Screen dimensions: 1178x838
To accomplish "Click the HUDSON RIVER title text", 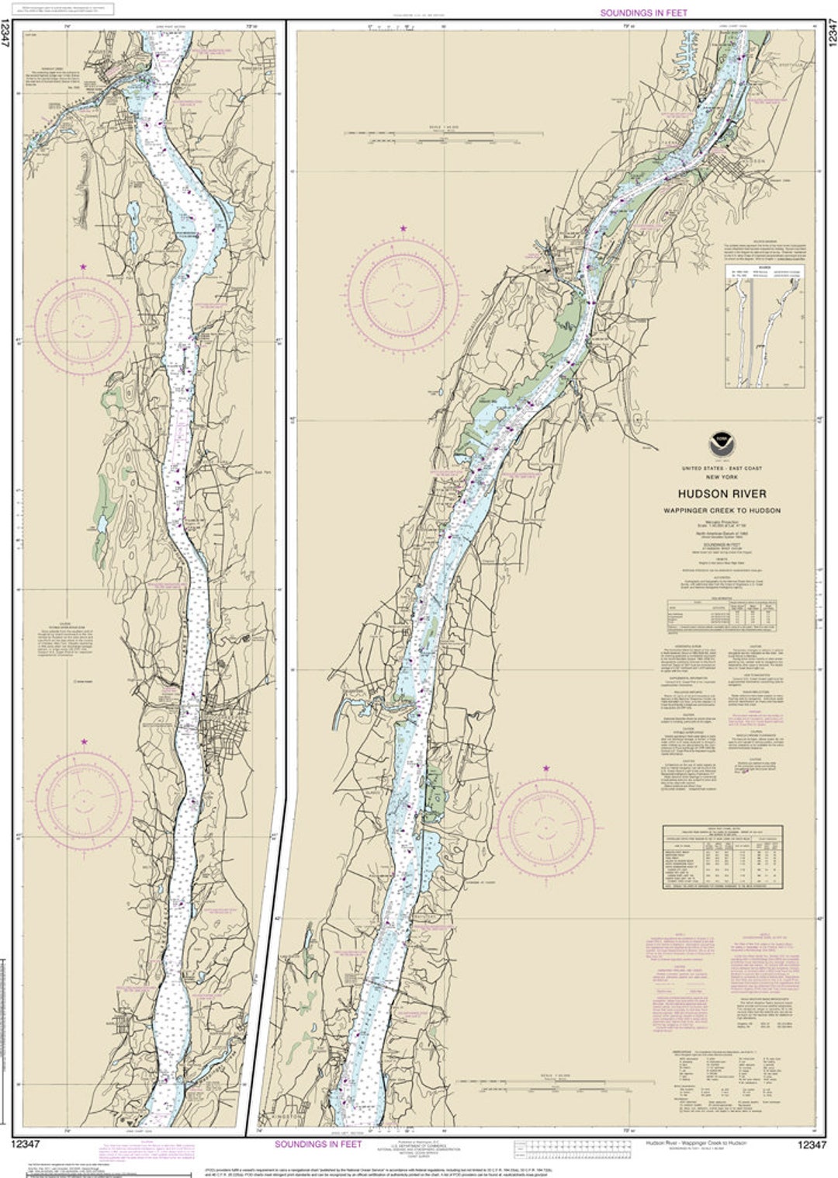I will pos(722,494).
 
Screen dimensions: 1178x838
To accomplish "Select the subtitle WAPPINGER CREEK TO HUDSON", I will pos(722,510).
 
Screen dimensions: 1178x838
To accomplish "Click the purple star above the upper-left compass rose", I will pos(83,266).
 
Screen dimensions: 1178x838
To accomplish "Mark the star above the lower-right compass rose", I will pos(546,768).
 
